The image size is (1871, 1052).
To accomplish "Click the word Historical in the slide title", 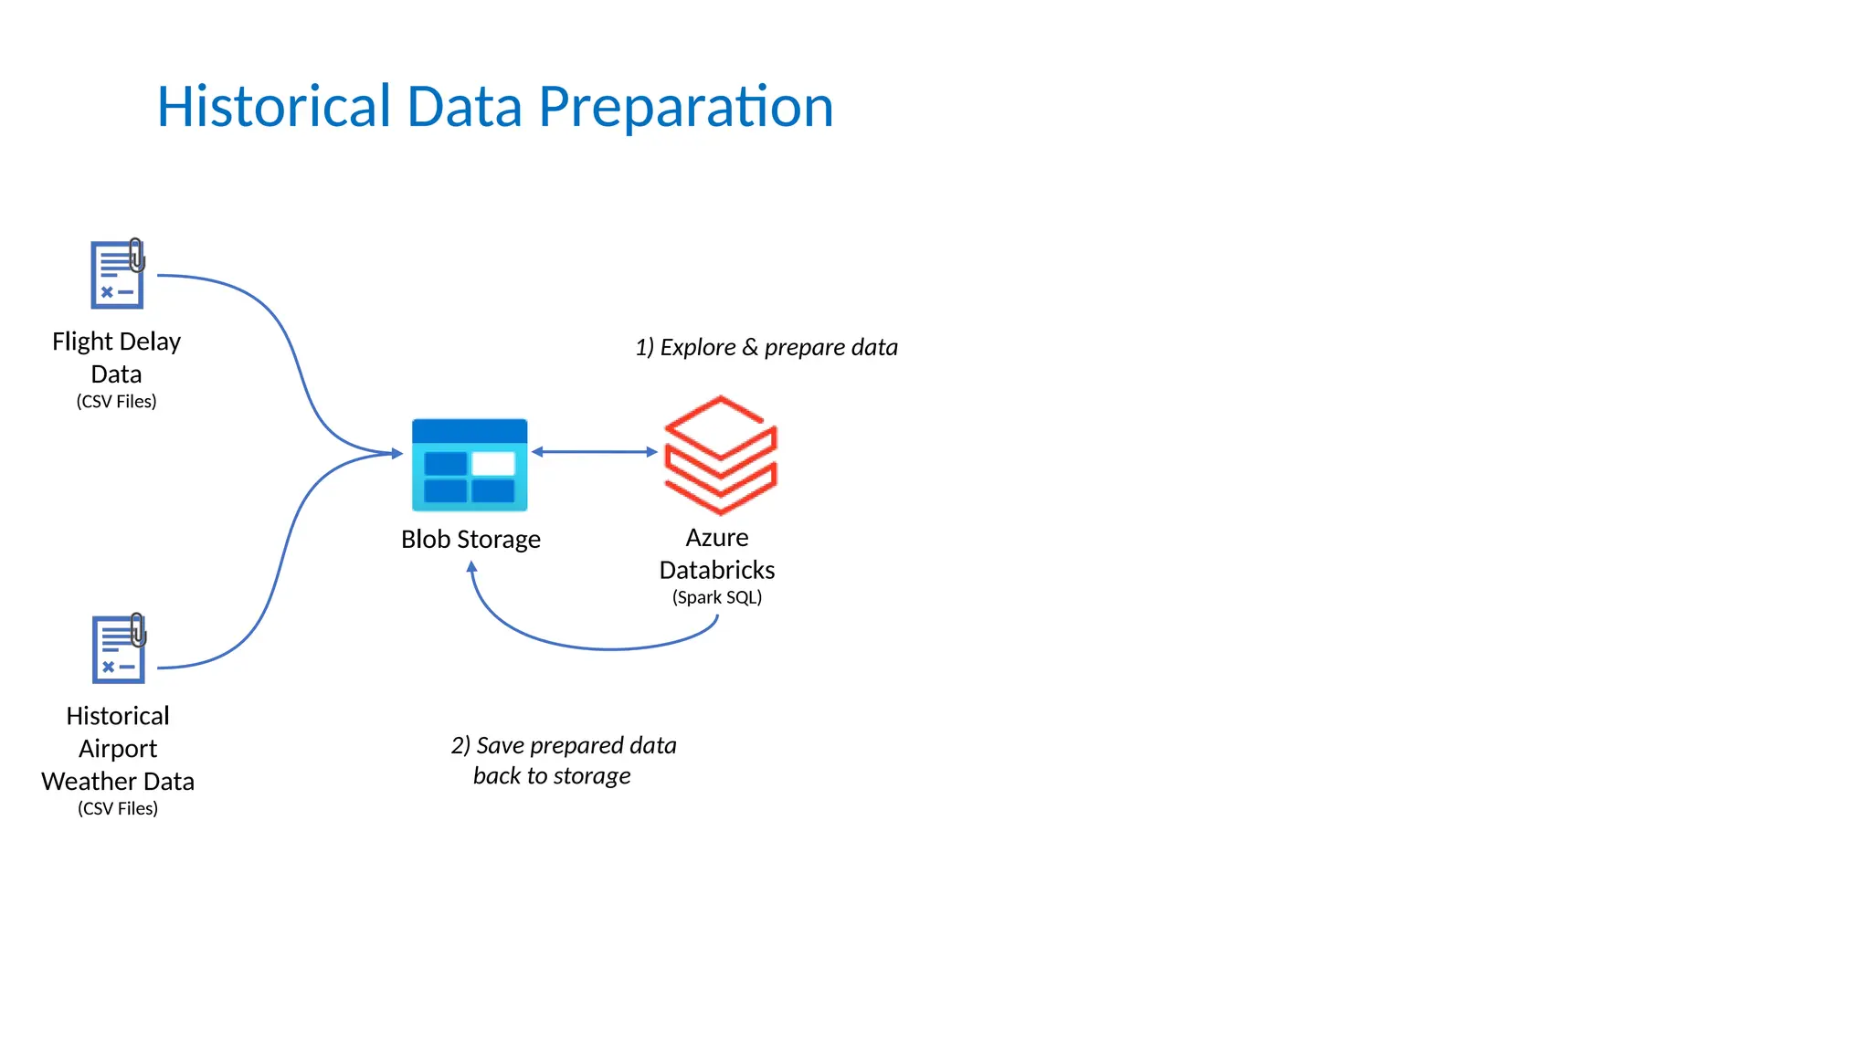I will (x=274, y=107).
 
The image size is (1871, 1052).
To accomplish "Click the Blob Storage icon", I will (x=470, y=465).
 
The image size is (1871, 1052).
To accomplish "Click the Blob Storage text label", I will (x=470, y=539).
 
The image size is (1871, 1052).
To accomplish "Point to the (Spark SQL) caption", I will (x=717, y=597).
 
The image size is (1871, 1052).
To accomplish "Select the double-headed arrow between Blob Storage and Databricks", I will (x=594, y=452).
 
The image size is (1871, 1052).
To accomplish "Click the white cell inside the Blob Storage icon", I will (x=493, y=464).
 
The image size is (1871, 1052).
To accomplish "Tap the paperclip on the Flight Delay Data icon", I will (x=136, y=255).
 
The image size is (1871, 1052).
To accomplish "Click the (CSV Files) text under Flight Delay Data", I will (x=116, y=401).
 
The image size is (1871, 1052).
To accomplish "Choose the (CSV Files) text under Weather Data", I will (x=118, y=808).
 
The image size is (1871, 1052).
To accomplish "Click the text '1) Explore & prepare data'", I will (x=766, y=347).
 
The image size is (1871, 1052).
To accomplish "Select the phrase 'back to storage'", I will (x=552, y=776).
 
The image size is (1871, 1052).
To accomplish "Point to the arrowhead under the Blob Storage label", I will (x=471, y=567).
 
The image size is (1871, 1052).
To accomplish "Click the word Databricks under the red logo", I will (x=717, y=570).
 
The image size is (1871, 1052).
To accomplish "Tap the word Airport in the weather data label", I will (x=118, y=749).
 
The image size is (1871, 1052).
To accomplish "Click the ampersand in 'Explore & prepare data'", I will (x=749, y=347).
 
